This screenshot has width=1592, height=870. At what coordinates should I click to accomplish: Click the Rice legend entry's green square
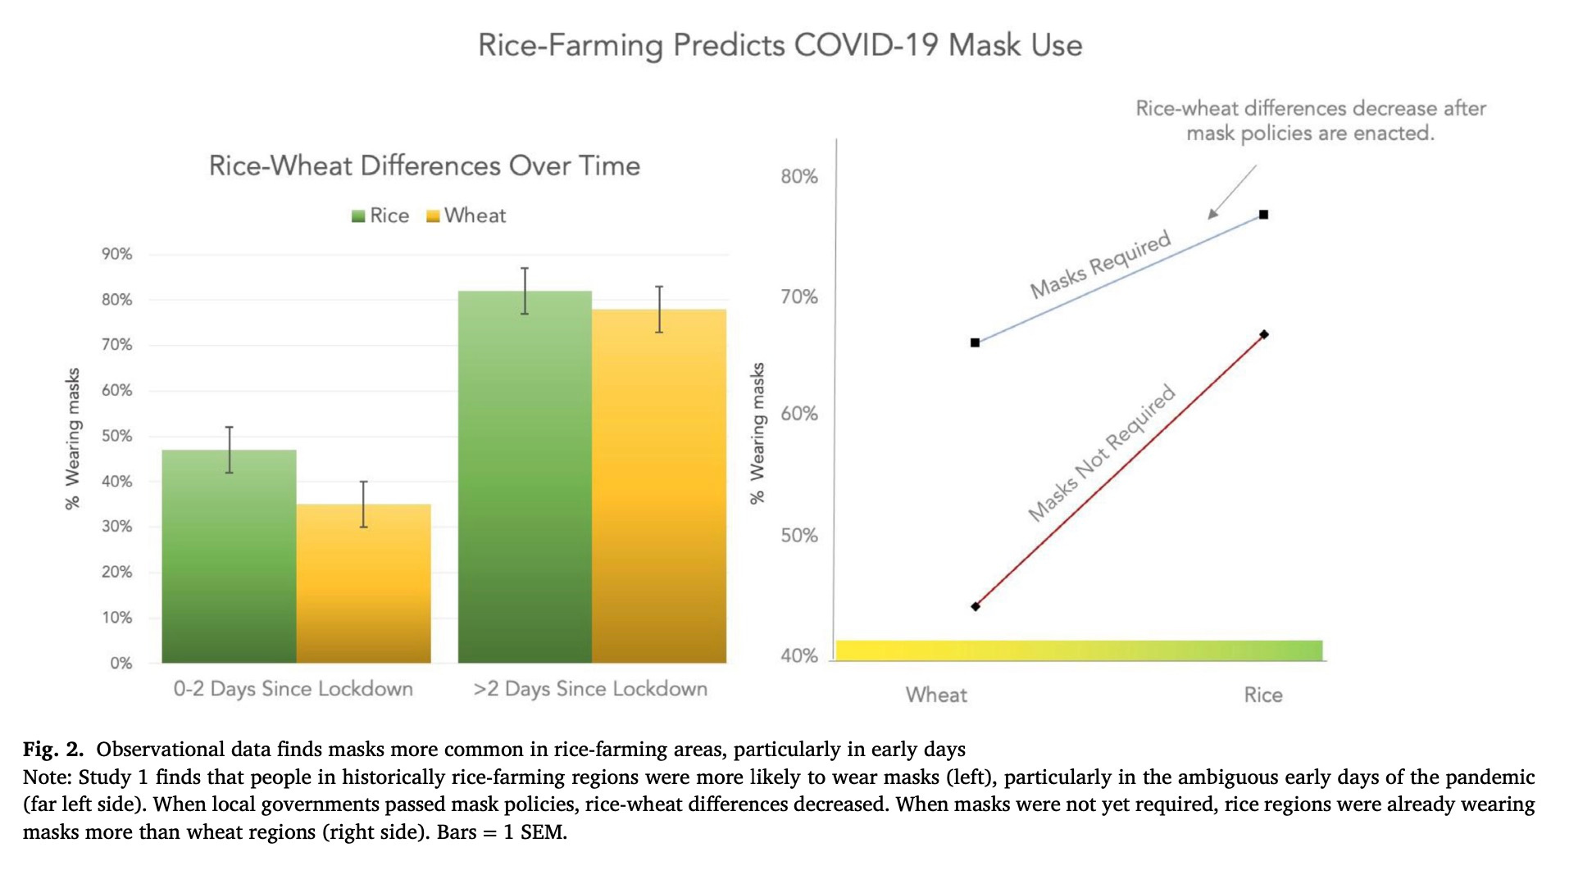point(358,216)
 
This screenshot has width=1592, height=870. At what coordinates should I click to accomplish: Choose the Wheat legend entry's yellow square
point(433,216)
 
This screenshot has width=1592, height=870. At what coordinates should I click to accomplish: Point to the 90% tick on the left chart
point(117,254)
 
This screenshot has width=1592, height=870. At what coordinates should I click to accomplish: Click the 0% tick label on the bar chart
point(121,663)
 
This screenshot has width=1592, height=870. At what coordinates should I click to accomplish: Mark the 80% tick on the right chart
point(799,176)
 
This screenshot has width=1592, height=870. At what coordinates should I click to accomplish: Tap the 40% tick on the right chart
point(799,655)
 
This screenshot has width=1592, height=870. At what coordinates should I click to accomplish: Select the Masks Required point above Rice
point(1263,215)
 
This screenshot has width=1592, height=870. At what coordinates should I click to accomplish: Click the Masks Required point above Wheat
point(975,342)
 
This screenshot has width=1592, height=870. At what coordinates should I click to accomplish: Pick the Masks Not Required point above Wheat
point(975,606)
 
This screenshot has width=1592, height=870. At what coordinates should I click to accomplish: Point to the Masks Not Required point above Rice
point(1263,334)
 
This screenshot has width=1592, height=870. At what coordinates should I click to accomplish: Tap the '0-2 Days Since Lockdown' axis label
point(293,689)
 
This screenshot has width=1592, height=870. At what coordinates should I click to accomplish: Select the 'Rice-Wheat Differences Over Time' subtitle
point(424,165)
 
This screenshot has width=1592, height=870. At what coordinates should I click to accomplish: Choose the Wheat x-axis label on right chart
point(936,695)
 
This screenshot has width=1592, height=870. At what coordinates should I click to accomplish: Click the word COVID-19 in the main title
point(866,45)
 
